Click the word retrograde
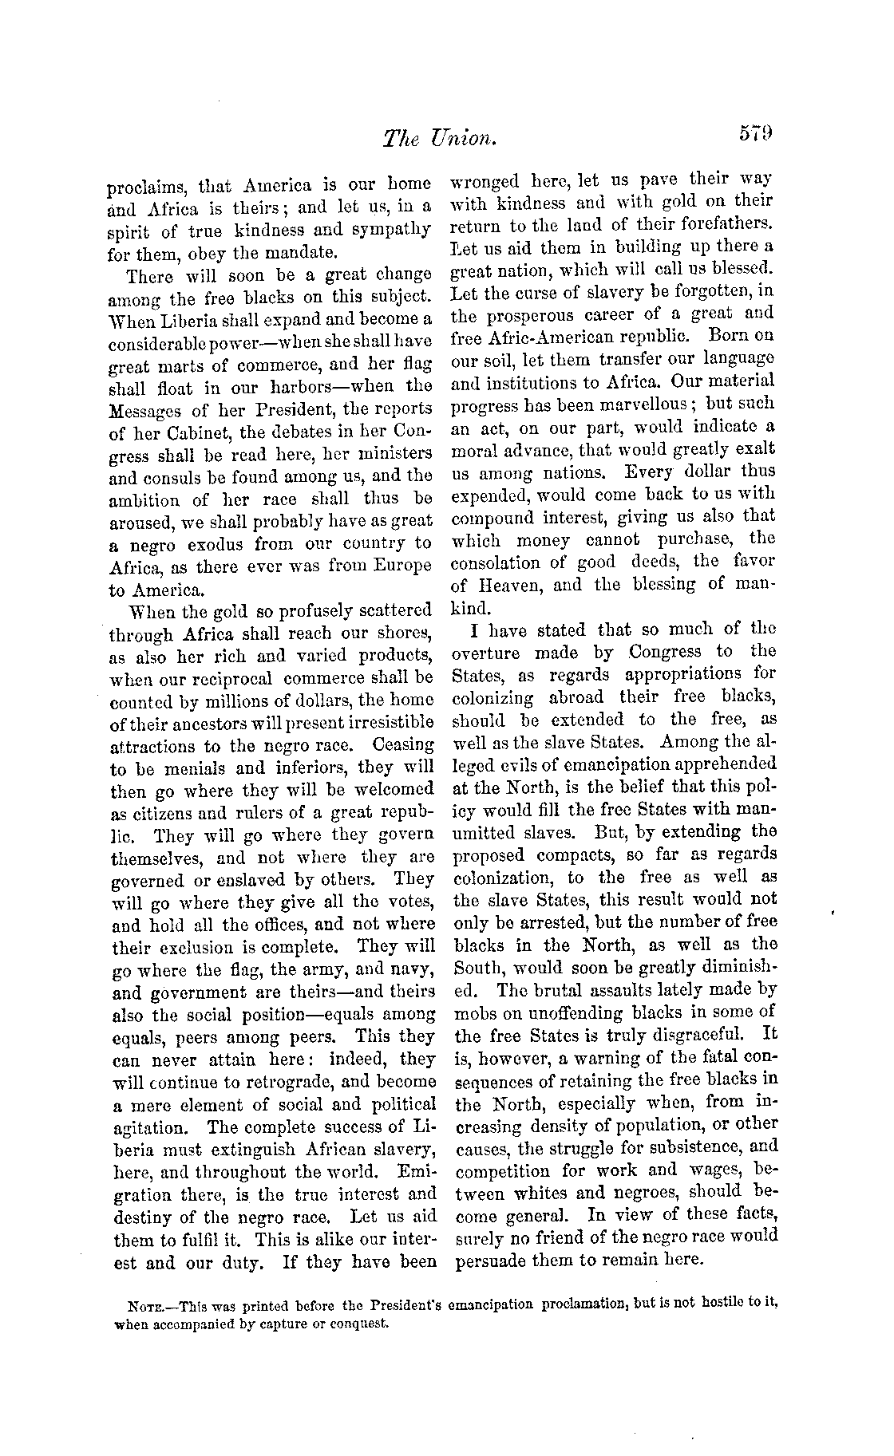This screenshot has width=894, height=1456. (284, 1083)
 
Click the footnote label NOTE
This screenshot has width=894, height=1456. (142, 1308)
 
